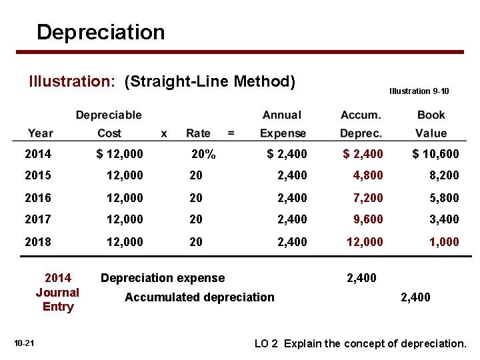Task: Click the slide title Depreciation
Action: tap(101, 32)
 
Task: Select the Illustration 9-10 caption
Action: tap(419, 91)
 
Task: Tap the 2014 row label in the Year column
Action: tap(38, 154)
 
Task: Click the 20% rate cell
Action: tap(203, 154)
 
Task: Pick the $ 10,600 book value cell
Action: tap(435, 154)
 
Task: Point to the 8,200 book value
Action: tap(444, 176)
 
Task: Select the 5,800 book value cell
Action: tap(444, 198)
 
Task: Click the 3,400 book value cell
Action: tap(444, 219)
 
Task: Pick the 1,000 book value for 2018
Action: tap(444, 241)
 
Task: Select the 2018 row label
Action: tap(38, 241)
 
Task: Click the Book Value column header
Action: tap(431, 124)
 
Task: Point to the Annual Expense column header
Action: tap(283, 124)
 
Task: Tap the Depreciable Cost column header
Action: tap(109, 124)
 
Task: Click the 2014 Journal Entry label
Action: tap(57, 292)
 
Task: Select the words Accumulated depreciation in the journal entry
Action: tap(199, 297)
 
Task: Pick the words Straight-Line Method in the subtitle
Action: tap(209, 81)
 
